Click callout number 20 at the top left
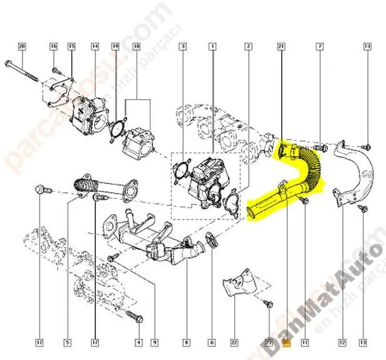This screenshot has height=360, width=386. pyautogui.click(x=22, y=46)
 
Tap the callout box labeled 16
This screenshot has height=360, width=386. pyautogui.click(x=53, y=46)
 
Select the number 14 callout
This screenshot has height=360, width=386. pyautogui.click(x=95, y=46)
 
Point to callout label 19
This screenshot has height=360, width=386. pyautogui.click(x=115, y=46)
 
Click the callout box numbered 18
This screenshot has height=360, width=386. pyautogui.click(x=137, y=46)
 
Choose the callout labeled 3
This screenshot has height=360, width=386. pyautogui.click(x=182, y=46)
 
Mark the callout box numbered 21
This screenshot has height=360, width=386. pyautogui.click(x=281, y=46)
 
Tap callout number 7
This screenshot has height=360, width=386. pyautogui.click(x=320, y=46)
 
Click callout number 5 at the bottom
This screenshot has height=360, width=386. pyautogui.click(x=67, y=342)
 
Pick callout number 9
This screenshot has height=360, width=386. pyautogui.click(x=154, y=342)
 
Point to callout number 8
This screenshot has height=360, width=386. pyautogui.click(x=186, y=342)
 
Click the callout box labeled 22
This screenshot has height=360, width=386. pyautogui.click(x=233, y=342)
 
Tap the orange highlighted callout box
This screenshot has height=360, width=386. pyautogui.click(x=286, y=342)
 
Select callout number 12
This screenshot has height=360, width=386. pyautogui.click(x=342, y=342)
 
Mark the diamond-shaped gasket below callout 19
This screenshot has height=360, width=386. pyautogui.click(x=116, y=126)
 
